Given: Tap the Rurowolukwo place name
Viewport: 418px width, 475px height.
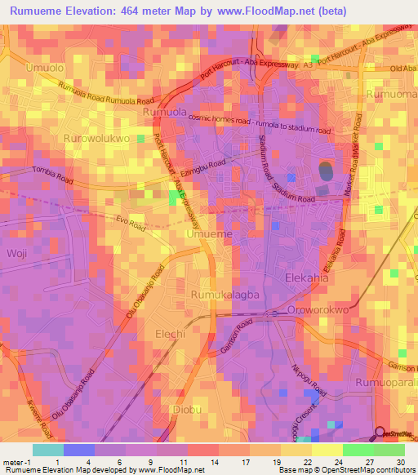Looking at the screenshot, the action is pyautogui.click(x=97, y=139).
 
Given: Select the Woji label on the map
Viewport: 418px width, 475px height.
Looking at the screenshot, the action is pyautogui.click(x=17, y=254).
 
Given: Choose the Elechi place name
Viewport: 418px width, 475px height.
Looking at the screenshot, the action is pyautogui.click(x=171, y=335).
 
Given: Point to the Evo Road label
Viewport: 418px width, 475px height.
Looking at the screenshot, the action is pyautogui.click(x=130, y=220).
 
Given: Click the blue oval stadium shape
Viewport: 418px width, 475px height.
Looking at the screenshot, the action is pyautogui.click(x=324, y=172).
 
